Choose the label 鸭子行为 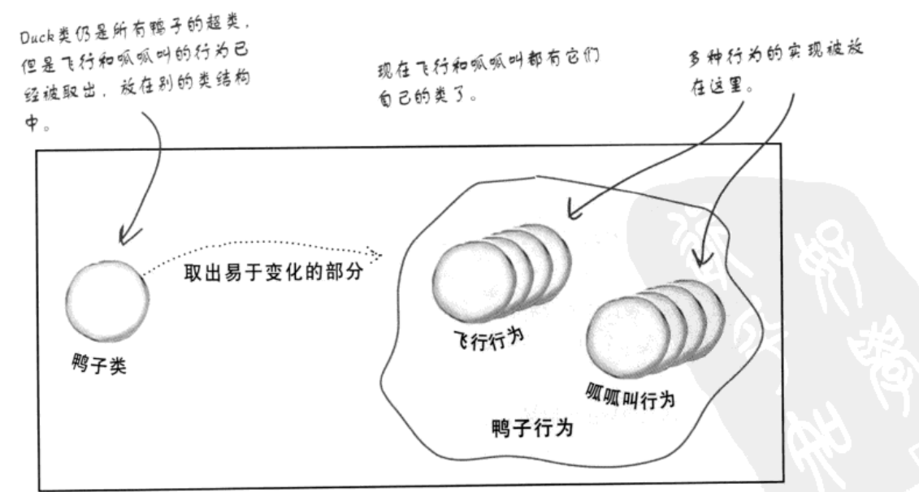click(x=532, y=428)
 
